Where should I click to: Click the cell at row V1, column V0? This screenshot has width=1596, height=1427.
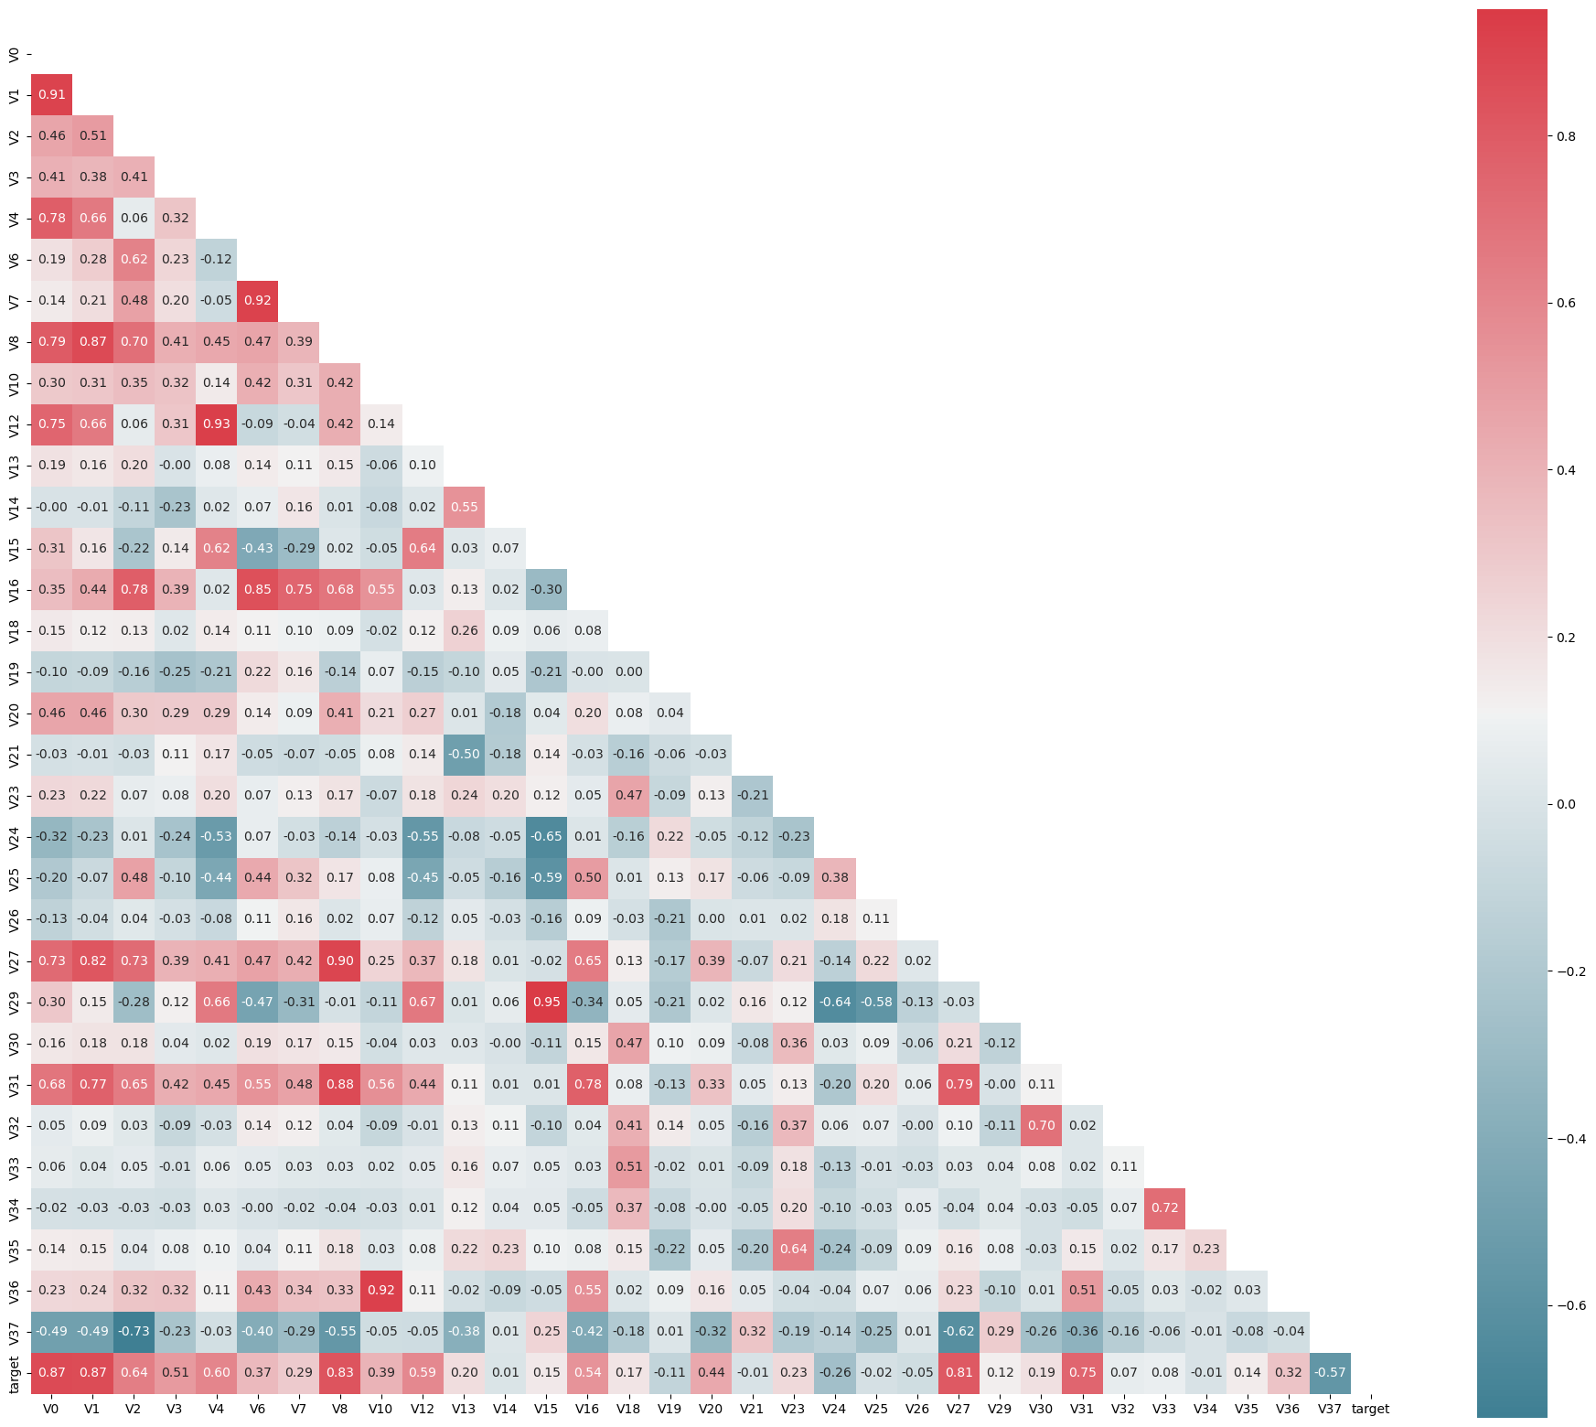point(52,94)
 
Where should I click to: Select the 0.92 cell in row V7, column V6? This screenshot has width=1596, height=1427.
point(258,300)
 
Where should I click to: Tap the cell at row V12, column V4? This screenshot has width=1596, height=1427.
point(217,424)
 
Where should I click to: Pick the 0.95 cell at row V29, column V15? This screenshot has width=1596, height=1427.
point(546,1002)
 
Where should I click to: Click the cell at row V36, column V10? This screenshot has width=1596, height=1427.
point(381,1290)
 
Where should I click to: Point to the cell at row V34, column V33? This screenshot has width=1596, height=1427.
point(1164,1207)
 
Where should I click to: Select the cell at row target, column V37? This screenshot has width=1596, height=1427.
point(1330,1372)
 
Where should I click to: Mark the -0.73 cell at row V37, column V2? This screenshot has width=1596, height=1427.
point(134,1331)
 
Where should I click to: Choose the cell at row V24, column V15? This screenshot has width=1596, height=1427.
point(546,836)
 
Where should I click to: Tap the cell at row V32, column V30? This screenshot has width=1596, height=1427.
point(1041,1125)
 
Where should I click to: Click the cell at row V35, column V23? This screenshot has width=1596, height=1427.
point(794,1249)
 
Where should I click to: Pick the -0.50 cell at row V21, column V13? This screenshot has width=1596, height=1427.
point(464,754)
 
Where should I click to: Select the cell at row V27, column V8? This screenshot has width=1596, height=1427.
point(340,960)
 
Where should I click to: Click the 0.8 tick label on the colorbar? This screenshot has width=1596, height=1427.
point(1567,136)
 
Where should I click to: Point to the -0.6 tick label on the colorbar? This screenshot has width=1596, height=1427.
point(1569,1305)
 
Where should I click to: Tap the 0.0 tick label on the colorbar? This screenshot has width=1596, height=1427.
point(1567,804)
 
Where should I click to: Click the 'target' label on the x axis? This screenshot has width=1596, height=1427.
point(1370,1409)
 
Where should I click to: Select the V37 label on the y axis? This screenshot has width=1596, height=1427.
point(14,1331)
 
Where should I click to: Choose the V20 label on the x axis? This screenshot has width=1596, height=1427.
point(711,1409)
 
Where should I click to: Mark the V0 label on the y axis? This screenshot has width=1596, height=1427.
point(14,54)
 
